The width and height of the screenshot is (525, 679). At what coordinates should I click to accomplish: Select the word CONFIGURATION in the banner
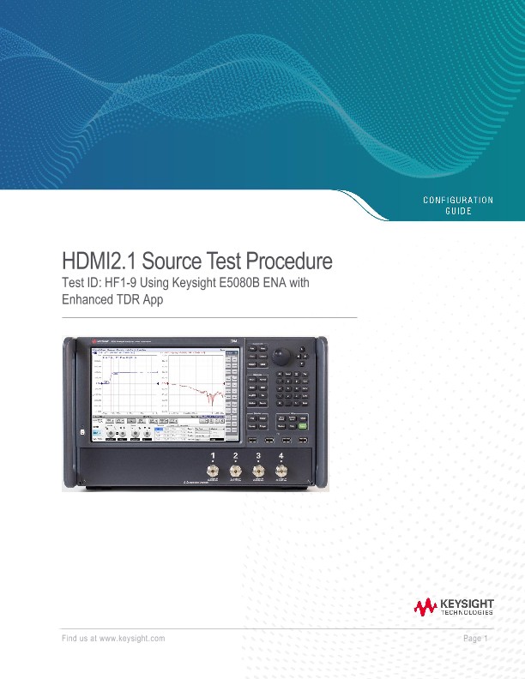point(458,200)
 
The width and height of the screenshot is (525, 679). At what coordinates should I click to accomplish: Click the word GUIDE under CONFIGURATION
point(458,211)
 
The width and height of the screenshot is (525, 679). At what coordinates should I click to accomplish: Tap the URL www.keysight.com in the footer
point(132,639)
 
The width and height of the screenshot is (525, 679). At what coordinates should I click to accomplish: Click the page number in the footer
point(474,639)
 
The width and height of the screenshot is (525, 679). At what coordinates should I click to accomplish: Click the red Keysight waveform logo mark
point(425,608)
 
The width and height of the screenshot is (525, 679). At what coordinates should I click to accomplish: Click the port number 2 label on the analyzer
point(235,454)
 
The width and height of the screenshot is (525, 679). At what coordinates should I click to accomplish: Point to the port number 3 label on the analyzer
point(258,454)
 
